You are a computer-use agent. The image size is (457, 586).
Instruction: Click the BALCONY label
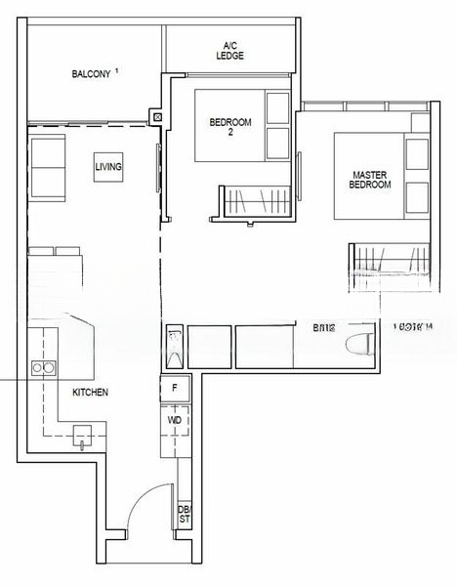pyautogui.click(x=92, y=74)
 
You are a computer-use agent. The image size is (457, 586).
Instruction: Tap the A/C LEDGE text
pyautogui.click(x=230, y=51)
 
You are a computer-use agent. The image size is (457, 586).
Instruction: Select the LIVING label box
pyautogui.click(x=108, y=168)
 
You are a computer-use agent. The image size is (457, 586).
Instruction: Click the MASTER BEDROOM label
pyautogui.click(x=371, y=179)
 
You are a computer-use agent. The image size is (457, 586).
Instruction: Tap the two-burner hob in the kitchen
pyautogui.click(x=43, y=368)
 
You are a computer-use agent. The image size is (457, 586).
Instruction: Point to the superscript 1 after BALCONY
pyautogui.click(x=117, y=70)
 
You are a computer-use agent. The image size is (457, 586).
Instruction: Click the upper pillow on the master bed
pyautogui.click(x=416, y=154)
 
